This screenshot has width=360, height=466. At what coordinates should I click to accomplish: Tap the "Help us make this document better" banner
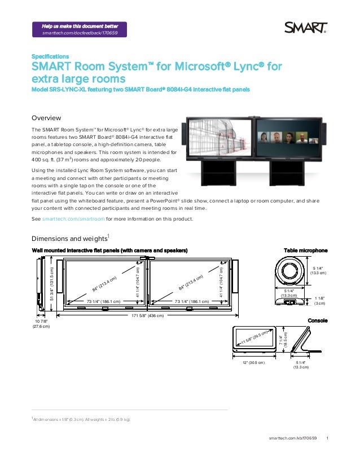[x=80, y=29]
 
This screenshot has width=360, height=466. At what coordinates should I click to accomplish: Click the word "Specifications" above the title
[x=50, y=56]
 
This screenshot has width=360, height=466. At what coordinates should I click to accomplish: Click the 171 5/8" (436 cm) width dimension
[x=148, y=316]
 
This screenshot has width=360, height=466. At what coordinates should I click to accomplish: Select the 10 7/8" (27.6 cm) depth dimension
[x=41, y=324]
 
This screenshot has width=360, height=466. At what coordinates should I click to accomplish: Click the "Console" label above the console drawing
[x=317, y=321]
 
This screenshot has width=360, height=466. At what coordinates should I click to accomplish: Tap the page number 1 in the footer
[x=328, y=438]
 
